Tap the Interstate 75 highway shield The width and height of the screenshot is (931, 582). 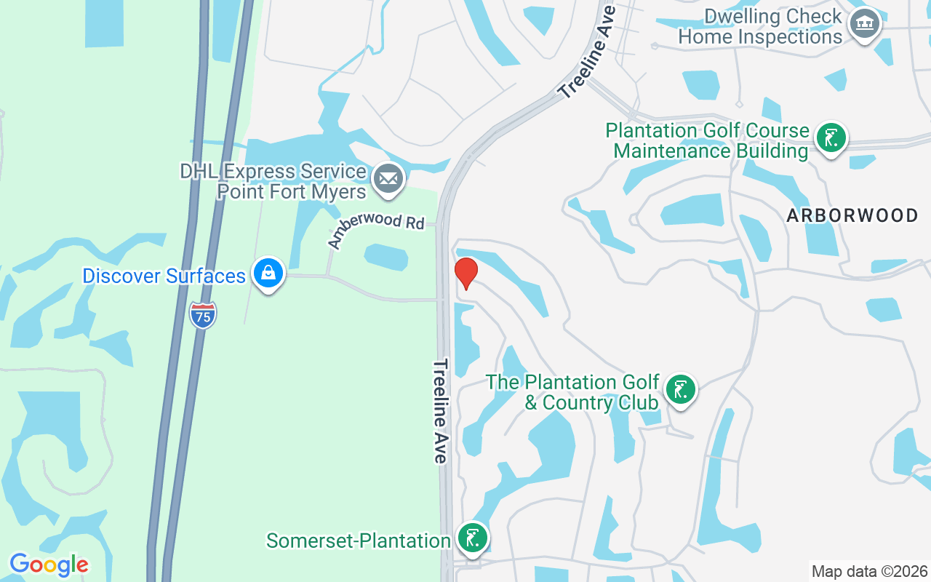(203, 315)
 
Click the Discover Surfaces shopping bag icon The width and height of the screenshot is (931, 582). (268, 274)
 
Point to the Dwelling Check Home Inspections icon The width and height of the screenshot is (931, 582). (865, 24)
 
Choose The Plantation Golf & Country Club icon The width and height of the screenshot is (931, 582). (680, 390)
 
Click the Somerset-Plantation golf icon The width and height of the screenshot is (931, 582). (473, 538)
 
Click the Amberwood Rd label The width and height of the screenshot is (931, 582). (376, 228)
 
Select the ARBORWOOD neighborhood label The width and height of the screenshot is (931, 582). (852, 215)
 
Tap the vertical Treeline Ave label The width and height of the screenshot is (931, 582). (441, 411)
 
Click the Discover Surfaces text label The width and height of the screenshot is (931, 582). (164, 276)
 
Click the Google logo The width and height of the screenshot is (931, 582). (49, 565)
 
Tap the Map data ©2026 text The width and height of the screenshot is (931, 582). (869, 571)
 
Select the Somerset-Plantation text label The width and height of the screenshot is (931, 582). (359, 541)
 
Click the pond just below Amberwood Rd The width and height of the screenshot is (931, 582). (386, 257)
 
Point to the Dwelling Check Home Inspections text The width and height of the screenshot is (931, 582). (760, 27)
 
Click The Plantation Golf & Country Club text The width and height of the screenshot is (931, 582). (572, 392)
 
